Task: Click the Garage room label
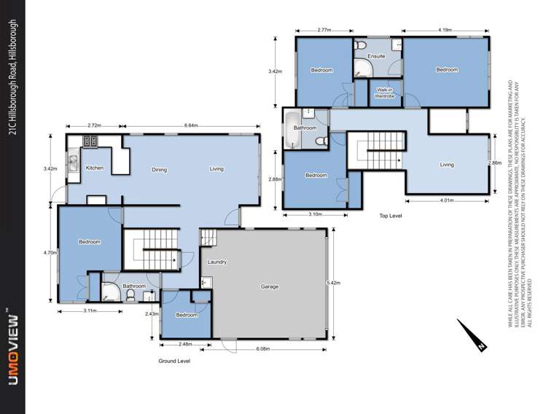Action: [270, 286]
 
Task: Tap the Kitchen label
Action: [95, 168]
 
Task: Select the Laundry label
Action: [217, 262]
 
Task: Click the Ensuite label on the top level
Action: [376, 56]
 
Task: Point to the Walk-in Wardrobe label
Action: [385, 93]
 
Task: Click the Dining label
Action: [160, 170]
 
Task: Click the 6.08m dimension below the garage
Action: [264, 349]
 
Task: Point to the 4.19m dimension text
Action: [445, 30]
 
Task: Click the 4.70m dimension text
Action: [50, 252]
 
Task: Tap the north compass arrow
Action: [475, 340]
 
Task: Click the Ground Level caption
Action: [174, 361]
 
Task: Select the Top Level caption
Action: [391, 216]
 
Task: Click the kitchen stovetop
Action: [91, 141]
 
